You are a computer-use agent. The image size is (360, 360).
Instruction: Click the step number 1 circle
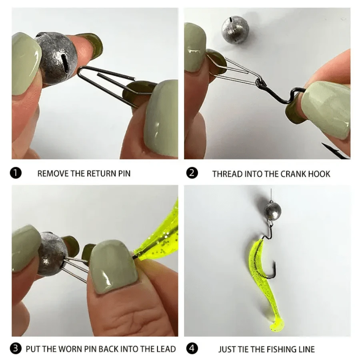pos(15,173)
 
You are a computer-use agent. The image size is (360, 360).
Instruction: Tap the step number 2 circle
pos(192,173)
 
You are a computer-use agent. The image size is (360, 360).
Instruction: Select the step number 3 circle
pos(15,348)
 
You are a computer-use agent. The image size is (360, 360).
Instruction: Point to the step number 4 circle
pos(192,348)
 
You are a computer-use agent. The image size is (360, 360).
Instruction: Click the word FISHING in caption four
pos(281,349)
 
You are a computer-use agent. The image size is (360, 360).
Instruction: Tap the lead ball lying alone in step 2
pos(236,29)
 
